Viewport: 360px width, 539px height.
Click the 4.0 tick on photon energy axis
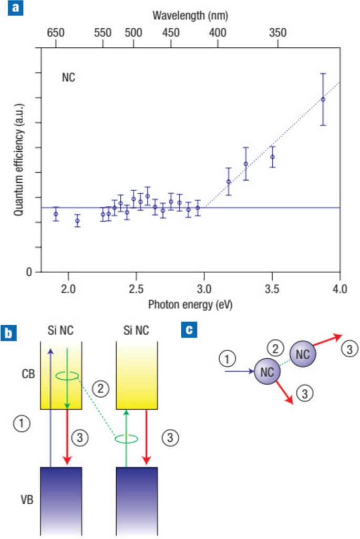[x=340, y=289]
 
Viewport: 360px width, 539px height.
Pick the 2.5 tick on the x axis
[x=136, y=289]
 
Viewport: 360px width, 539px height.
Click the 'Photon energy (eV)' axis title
[x=190, y=304]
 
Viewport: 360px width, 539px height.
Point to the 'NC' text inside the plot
[x=69, y=78]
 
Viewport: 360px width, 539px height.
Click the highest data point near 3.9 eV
[x=323, y=99]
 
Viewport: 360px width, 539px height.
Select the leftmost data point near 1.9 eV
[x=56, y=214]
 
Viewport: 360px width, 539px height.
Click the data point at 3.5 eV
[x=272, y=157]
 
